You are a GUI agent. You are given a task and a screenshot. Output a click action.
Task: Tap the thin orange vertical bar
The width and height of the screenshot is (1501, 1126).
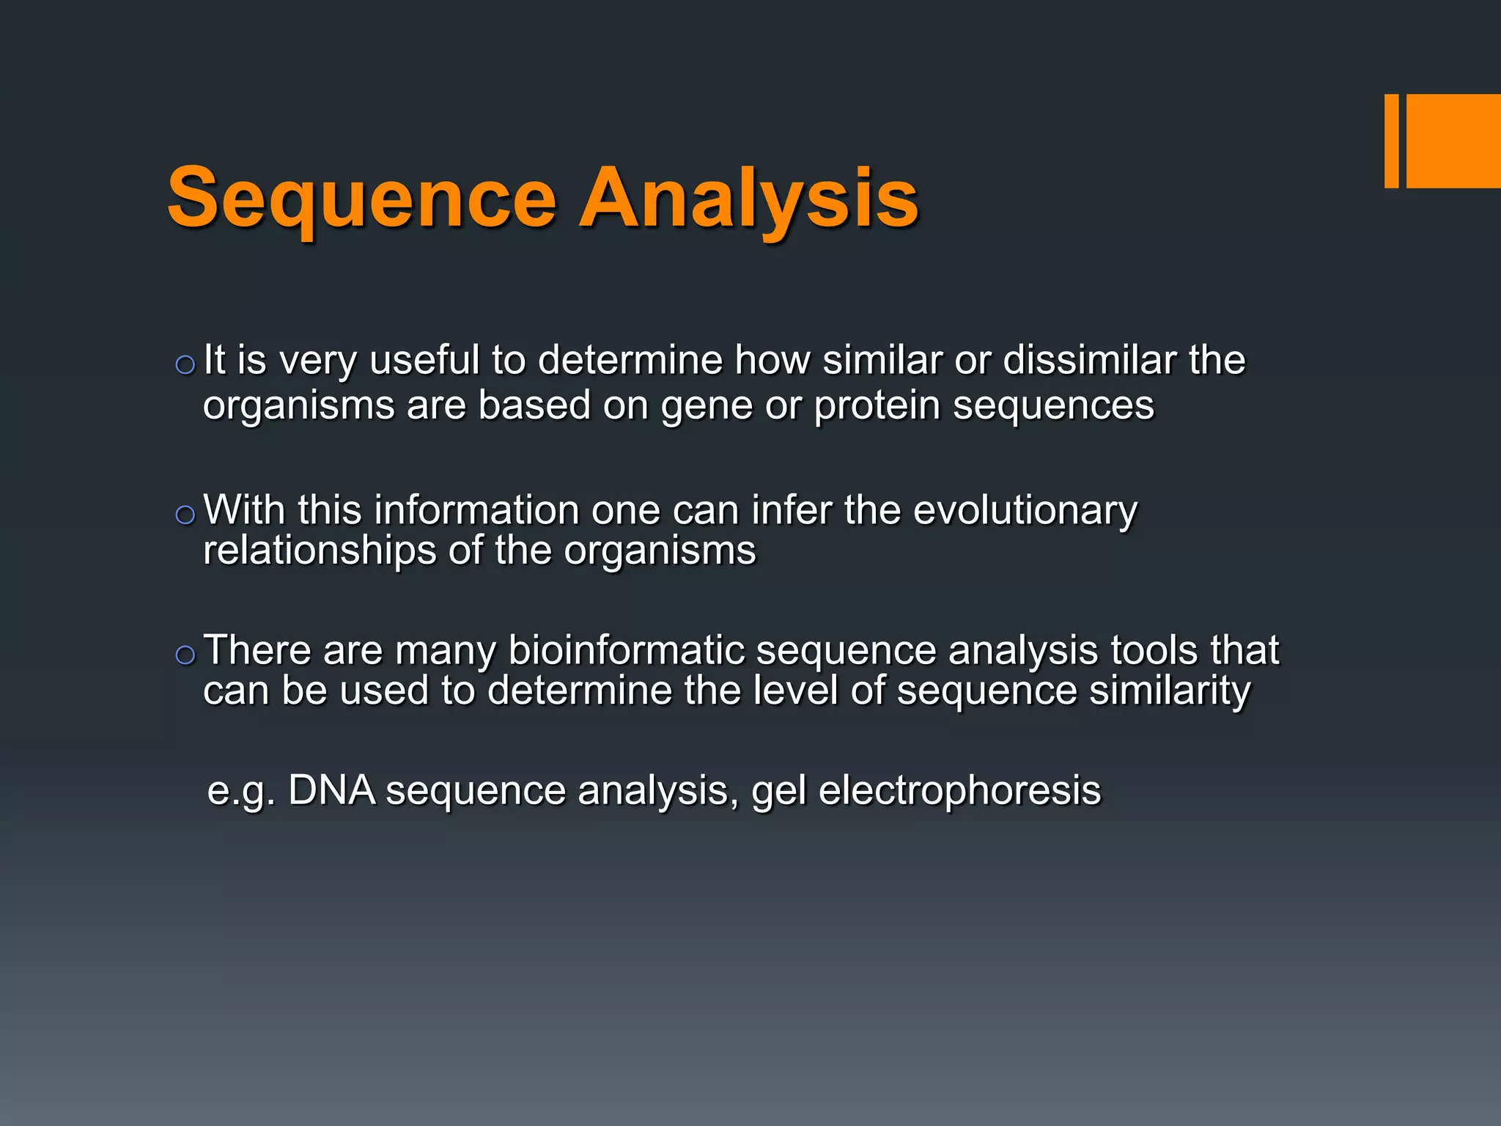click(1391, 141)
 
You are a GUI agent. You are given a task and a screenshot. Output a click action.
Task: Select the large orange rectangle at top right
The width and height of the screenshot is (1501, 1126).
click(1453, 141)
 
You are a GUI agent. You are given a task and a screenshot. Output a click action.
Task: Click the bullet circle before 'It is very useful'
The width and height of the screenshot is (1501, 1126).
click(185, 365)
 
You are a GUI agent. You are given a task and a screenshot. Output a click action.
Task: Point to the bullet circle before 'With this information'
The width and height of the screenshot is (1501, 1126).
click(185, 515)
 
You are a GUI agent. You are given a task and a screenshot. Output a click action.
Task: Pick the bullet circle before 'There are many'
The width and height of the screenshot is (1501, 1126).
click(185, 655)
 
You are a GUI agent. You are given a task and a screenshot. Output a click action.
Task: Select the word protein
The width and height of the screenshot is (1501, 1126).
click(877, 406)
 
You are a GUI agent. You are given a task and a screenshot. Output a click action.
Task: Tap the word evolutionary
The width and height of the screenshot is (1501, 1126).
click(1025, 510)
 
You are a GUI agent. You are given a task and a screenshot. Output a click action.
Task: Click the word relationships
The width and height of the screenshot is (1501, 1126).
click(320, 551)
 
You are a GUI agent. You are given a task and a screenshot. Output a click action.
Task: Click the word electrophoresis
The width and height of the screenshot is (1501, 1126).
click(959, 791)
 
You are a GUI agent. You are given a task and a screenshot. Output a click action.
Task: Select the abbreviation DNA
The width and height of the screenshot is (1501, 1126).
click(331, 791)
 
